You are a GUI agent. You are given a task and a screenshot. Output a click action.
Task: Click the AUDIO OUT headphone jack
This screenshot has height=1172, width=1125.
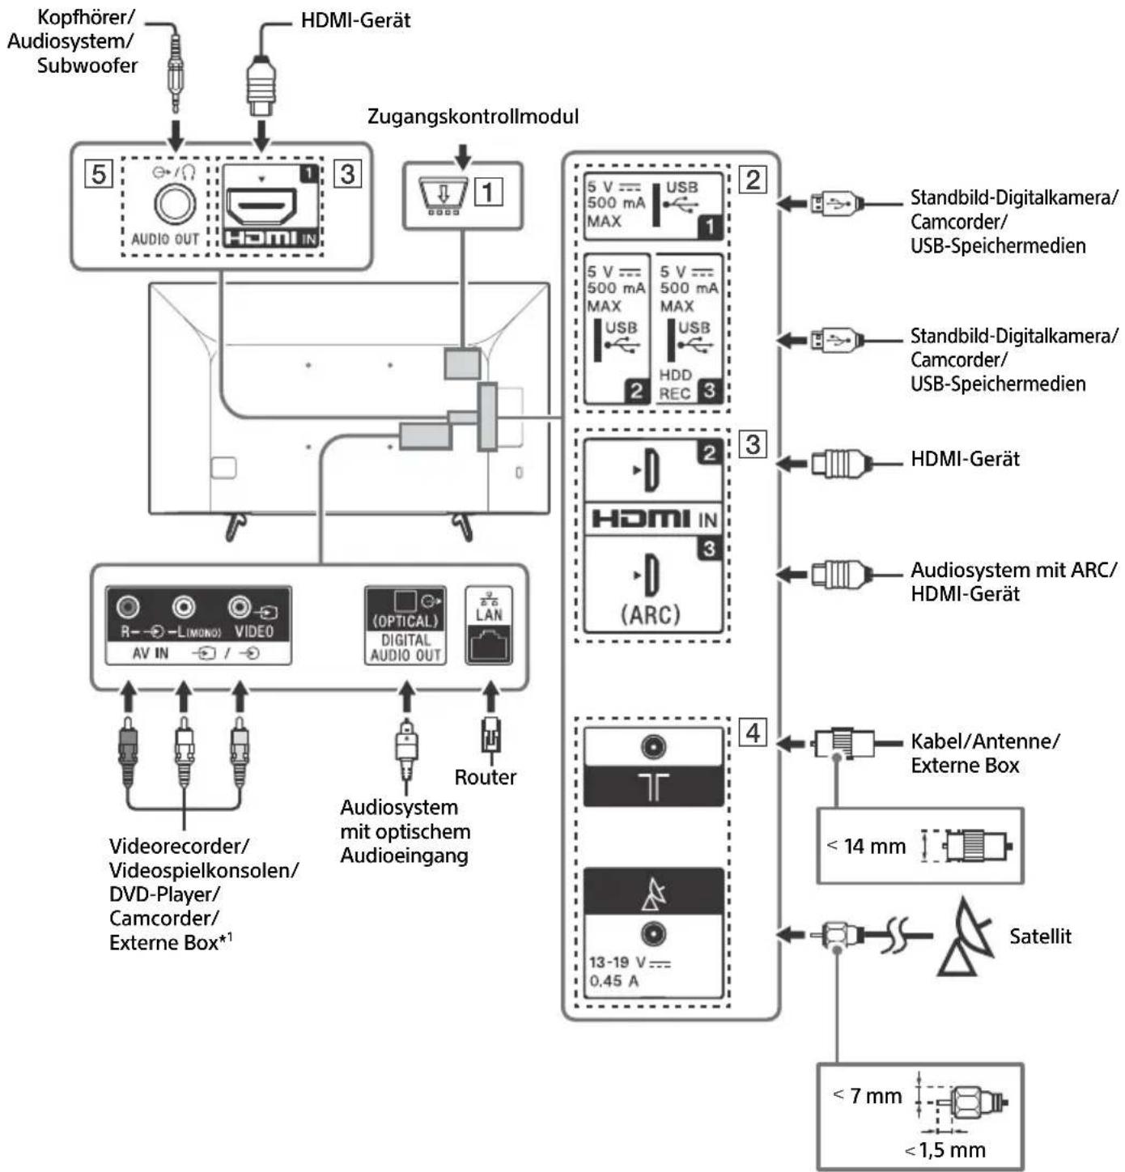[174, 203]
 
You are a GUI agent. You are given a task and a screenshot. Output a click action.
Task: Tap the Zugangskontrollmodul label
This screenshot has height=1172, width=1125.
[473, 117]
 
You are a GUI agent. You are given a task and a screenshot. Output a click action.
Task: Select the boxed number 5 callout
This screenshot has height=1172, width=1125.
[99, 173]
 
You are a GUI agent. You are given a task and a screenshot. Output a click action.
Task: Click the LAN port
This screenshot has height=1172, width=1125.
[489, 644]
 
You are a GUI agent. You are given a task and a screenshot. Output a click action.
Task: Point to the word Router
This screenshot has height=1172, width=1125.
[485, 777]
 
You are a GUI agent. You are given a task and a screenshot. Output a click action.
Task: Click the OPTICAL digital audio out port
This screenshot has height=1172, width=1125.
[405, 601]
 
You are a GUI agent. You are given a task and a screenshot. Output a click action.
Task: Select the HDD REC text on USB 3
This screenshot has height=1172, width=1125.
[675, 384]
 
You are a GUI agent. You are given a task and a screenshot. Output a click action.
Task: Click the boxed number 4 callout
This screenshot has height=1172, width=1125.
[753, 732]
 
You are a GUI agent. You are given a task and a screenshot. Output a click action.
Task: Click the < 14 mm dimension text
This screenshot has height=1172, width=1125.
[866, 847]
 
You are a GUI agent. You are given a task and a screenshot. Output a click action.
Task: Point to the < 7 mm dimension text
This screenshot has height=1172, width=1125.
[868, 1096]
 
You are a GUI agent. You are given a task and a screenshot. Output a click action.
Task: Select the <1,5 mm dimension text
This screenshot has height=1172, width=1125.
[945, 1150]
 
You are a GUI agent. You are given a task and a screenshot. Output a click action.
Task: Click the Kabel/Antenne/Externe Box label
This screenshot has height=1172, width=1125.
[984, 753]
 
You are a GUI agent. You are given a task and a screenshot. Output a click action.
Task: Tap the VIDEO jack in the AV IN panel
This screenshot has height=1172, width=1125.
[240, 606]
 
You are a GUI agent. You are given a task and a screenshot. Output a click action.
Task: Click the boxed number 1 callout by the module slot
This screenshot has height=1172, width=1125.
[488, 192]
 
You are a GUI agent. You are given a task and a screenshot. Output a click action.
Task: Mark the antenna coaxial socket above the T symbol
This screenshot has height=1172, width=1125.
[653, 746]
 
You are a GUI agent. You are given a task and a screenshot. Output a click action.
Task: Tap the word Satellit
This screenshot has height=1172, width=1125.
[1040, 936]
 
